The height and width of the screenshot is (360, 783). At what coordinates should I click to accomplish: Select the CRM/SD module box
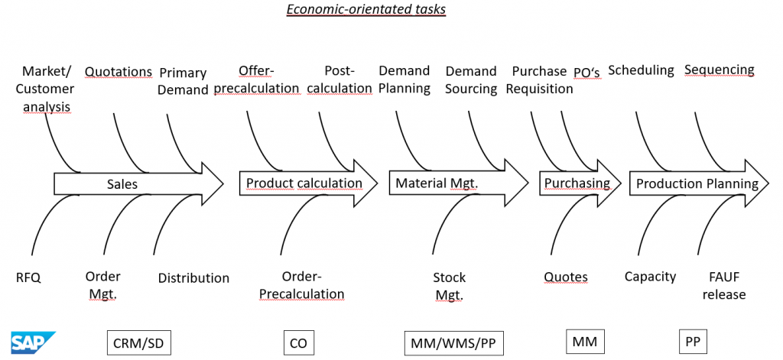[x=138, y=343]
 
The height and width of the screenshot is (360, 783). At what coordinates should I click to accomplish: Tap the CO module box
[x=298, y=343]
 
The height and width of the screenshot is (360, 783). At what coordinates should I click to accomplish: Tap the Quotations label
[x=119, y=72]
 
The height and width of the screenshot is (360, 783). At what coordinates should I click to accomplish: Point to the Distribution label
[x=193, y=278]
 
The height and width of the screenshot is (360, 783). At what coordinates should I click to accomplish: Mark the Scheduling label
[x=641, y=70]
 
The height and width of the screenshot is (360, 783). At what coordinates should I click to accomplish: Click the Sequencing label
[x=719, y=70]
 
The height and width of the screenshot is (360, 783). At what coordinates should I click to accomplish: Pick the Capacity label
[x=650, y=277]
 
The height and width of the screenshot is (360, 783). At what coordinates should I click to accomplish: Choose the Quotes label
[x=566, y=277]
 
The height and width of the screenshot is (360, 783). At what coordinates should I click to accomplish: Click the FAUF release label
[x=723, y=286]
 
